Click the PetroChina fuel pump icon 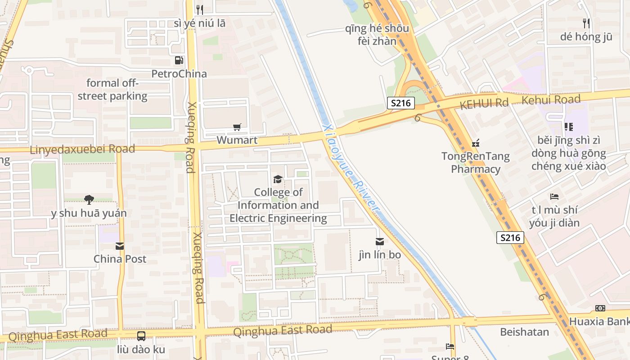click(x=179, y=60)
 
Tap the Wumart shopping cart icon click(x=237, y=127)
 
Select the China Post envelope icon click(x=120, y=246)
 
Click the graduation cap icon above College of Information click(x=278, y=180)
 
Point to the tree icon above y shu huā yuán click(x=89, y=199)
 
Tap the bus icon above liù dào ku click(x=141, y=336)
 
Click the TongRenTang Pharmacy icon click(x=476, y=144)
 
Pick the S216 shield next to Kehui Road click(x=400, y=103)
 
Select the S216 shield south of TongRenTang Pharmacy click(x=510, y=238)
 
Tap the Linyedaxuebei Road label click(x=82, y=149)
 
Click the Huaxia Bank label click(x=599, y=322)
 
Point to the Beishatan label click(x=525, y=332)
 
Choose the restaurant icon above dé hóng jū click(x=586, y=23)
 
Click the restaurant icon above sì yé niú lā click(x=200, y=9)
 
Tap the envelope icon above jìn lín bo click(x=380, y=242)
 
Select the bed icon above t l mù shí click(x=554, y=197)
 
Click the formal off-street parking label click(x=112, y=90)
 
